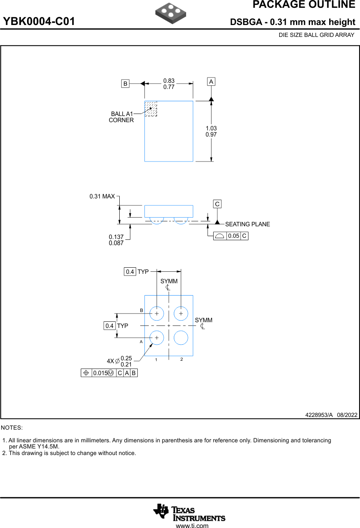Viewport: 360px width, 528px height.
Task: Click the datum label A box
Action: [211, 82]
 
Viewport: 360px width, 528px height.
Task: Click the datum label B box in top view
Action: [125, 84]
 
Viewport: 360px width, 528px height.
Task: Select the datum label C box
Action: [217, 204]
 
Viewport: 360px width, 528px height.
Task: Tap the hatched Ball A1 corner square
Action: [151, 109]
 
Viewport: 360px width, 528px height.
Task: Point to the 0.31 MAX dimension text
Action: [102, 197]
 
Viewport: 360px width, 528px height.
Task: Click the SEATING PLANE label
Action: [247, 224]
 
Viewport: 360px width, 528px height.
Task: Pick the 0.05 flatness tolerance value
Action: [233, 236]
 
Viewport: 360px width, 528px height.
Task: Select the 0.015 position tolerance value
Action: [100, 373]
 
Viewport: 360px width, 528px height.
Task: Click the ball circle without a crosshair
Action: [181, 338]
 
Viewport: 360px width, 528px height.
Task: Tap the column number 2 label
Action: [181, 360]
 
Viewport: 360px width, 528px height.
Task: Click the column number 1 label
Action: [156, 360]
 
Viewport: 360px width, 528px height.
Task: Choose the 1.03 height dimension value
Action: [211, 128]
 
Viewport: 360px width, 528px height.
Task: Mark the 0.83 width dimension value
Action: [169, 81]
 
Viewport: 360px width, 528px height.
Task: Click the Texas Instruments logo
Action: [189, 512]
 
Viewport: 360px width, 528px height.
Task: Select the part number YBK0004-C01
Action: [39, 22]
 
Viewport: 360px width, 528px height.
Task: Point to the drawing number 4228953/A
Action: [319, 415]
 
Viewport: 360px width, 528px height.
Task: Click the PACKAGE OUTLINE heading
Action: [303, 5]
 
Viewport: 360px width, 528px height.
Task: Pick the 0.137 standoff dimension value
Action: [116, 237]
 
